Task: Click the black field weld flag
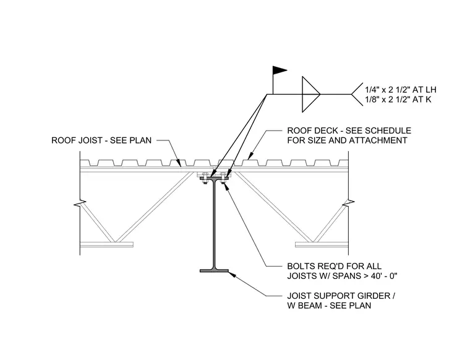[x=279, y=71]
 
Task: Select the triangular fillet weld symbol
[x=310, y=94]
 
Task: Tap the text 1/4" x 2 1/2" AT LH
[x=401, y=90]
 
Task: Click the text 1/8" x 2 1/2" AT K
[x=398, y=100]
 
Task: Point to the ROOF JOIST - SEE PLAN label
[x=101, y=140]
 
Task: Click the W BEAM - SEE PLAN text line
[x=329, y=306]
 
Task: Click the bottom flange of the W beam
[x=215, y=271]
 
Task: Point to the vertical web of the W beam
[x=215, y=224]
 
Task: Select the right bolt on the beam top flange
[x=223, y=178]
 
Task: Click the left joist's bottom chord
[x=107, y=244]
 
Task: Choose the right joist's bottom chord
[x=322, y=244]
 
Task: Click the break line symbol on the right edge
[x=348, y=204]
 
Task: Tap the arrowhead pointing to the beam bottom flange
[x=232, y=274]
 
